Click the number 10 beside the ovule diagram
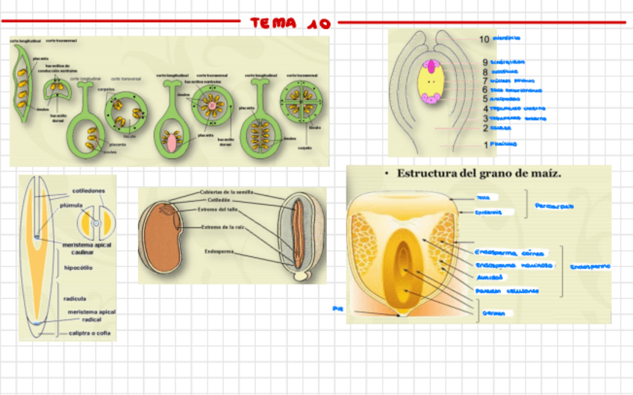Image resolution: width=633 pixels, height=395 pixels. click(x=484, y=39)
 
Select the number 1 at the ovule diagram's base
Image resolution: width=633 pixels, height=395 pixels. click(x=485, y=145)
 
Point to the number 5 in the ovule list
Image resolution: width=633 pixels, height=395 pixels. click(x=485, y=98)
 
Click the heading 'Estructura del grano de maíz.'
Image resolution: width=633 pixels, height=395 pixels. click(x=478, y=174)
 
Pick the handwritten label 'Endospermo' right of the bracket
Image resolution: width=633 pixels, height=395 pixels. click(x=590, y=266)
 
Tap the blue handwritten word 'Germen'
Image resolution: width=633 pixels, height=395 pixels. click(x=494, y=313)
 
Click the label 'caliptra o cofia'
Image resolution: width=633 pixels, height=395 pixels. click(x=90, y=333)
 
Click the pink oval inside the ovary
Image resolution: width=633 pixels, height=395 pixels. click(x=172, y=141)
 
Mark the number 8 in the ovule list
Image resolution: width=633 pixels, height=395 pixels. click(x=485, y=72)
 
